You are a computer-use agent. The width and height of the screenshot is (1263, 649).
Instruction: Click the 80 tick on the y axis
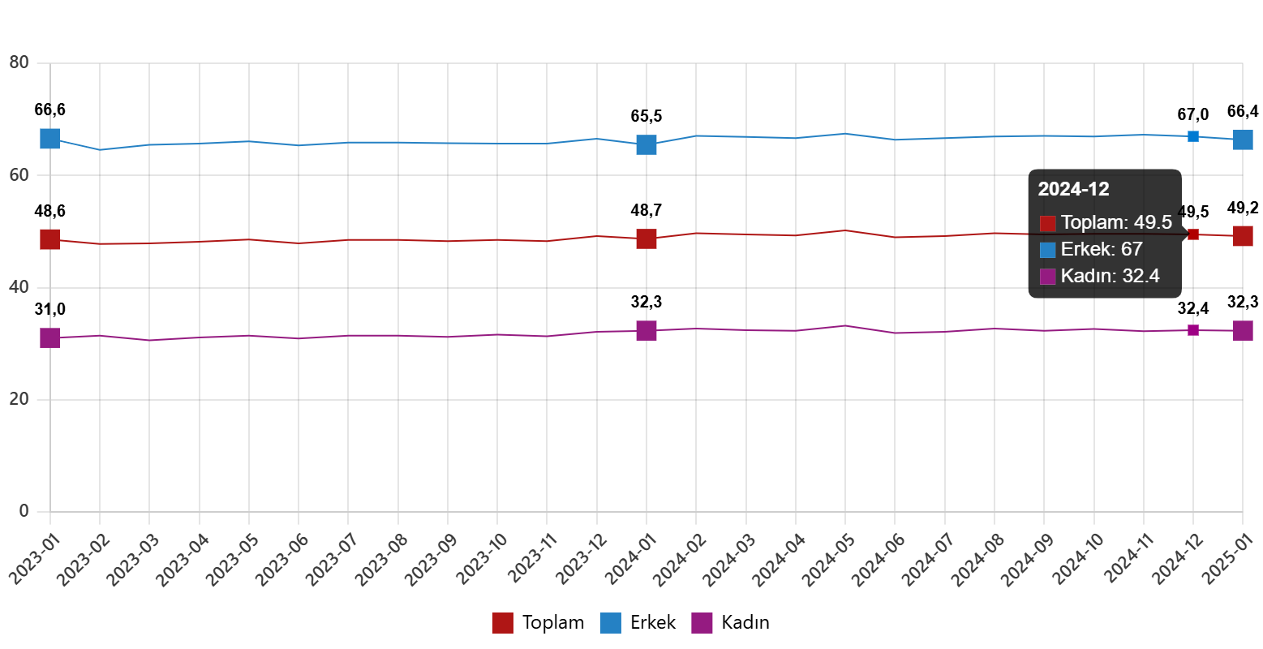pyautogui.click(x=19, y=62)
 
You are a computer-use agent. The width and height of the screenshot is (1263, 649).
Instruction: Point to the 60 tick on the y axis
pyautogui.click(x=19, y=174)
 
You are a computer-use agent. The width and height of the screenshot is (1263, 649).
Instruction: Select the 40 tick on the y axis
pyautogui.click(x=19, y=286)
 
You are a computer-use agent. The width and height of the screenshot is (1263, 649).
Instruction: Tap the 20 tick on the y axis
pyautogui.click(x=19, y=398)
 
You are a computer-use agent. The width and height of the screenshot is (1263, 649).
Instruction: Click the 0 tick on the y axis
pyautogui.click(x=24, y=510)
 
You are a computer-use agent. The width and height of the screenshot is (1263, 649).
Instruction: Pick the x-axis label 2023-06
pyautogui.click(x=284, y=560)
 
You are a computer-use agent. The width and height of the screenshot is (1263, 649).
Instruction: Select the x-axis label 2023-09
pyautogui.click(x=432, y=560)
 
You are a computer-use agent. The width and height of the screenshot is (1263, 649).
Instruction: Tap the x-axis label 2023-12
pyautogui.click(x=582, y=560)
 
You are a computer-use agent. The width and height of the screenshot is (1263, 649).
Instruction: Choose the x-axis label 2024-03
pyautogui.click(x=730, y=560)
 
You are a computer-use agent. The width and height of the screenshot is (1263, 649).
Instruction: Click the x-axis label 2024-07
pyautogui.click(x=929, y=560)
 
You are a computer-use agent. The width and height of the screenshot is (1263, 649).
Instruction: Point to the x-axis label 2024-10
pyautogui.click(x=1078, y=560)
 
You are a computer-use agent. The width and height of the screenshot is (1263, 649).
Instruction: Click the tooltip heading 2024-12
pyautogui.click(x=1073, y=190)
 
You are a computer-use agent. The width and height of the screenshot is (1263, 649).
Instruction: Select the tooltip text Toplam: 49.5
pyautogui.click(x=1116, y=222)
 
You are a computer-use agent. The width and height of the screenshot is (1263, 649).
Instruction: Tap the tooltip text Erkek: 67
pyautogui.click(x=1102, y=249)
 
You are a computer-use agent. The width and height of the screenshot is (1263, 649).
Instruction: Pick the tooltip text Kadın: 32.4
pyautogui.click(x=1110, y=276)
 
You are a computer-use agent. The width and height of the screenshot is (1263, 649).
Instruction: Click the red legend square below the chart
pyautogui.click(x=502, y=623)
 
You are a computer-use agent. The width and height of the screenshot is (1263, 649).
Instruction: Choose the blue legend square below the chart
pyautogui.click(x=610, y=623)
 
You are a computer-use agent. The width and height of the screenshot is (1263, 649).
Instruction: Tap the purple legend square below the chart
pyautogui.click(x=702, y=623)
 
